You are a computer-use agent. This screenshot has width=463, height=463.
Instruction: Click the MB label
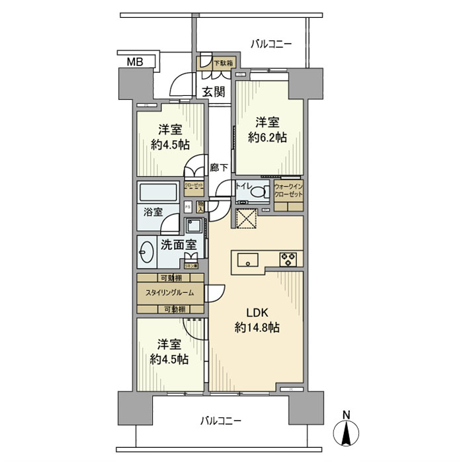136,63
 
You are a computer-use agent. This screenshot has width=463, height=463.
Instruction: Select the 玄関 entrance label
214,91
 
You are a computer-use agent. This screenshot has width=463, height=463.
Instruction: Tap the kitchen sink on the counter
246,258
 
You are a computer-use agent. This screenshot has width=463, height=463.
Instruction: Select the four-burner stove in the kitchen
290,258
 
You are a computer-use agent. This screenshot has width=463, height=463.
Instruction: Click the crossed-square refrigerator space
247,216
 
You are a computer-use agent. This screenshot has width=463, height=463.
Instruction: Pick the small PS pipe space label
187,206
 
